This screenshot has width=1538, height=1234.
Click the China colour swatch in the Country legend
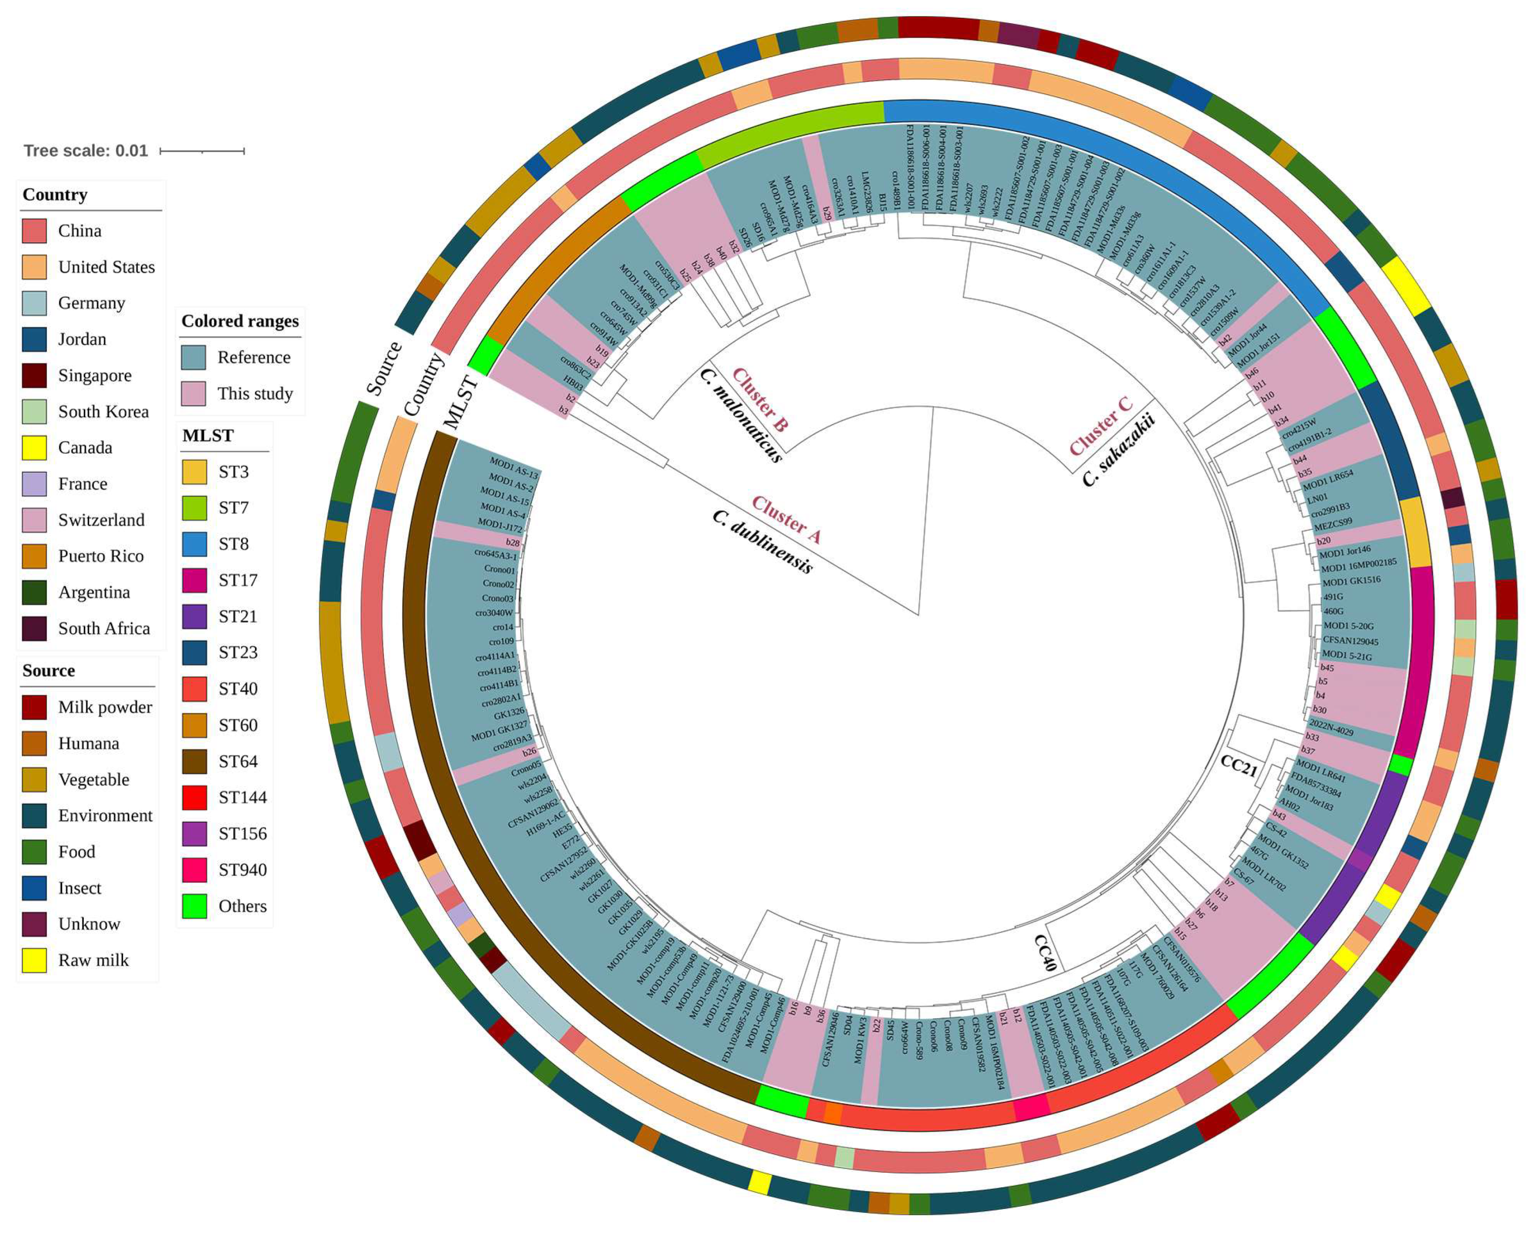pyautogui.click(x=34, y=231)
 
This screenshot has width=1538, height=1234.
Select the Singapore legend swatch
pyautogui.click(x=34, y=375)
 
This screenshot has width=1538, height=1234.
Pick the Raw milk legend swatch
pyautogui.click(x=34, y=960)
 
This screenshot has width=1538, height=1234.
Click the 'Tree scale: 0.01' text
pyautogui.click(x=86, y=151)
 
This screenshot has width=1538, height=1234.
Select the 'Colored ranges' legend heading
pyautogui.click(x=240, y=321)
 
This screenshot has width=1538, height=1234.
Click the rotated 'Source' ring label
pyautogui.click(x=384, y=368)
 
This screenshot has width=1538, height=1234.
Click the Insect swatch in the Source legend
pyautogui.click(x=34, y=888)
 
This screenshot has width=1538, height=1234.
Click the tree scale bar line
pyautogui.click(x=202, y=151)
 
